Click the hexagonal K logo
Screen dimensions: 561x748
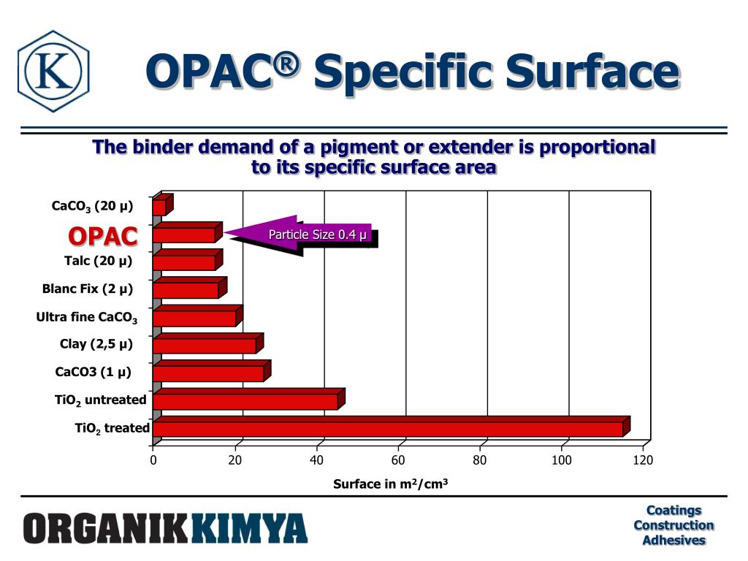point(53,71)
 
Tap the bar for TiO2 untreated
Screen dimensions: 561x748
point(245,401)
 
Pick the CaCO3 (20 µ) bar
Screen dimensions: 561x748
point(159,207)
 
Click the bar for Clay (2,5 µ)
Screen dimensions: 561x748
point(205,346)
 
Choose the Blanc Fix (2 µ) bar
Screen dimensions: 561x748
point(186,290)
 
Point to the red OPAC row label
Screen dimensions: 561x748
point(103,236)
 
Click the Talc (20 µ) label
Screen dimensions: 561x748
point(98,261)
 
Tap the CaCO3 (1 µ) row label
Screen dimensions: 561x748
point(93,372)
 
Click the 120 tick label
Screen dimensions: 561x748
point(643,460)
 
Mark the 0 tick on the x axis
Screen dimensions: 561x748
point(153,460)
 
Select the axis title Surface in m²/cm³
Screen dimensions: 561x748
point(390,484)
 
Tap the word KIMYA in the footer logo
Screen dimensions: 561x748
point(250,528)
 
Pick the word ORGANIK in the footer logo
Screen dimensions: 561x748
point(107,528)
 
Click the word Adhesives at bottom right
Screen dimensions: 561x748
point(673,541)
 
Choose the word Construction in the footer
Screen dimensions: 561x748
point(673,525)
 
